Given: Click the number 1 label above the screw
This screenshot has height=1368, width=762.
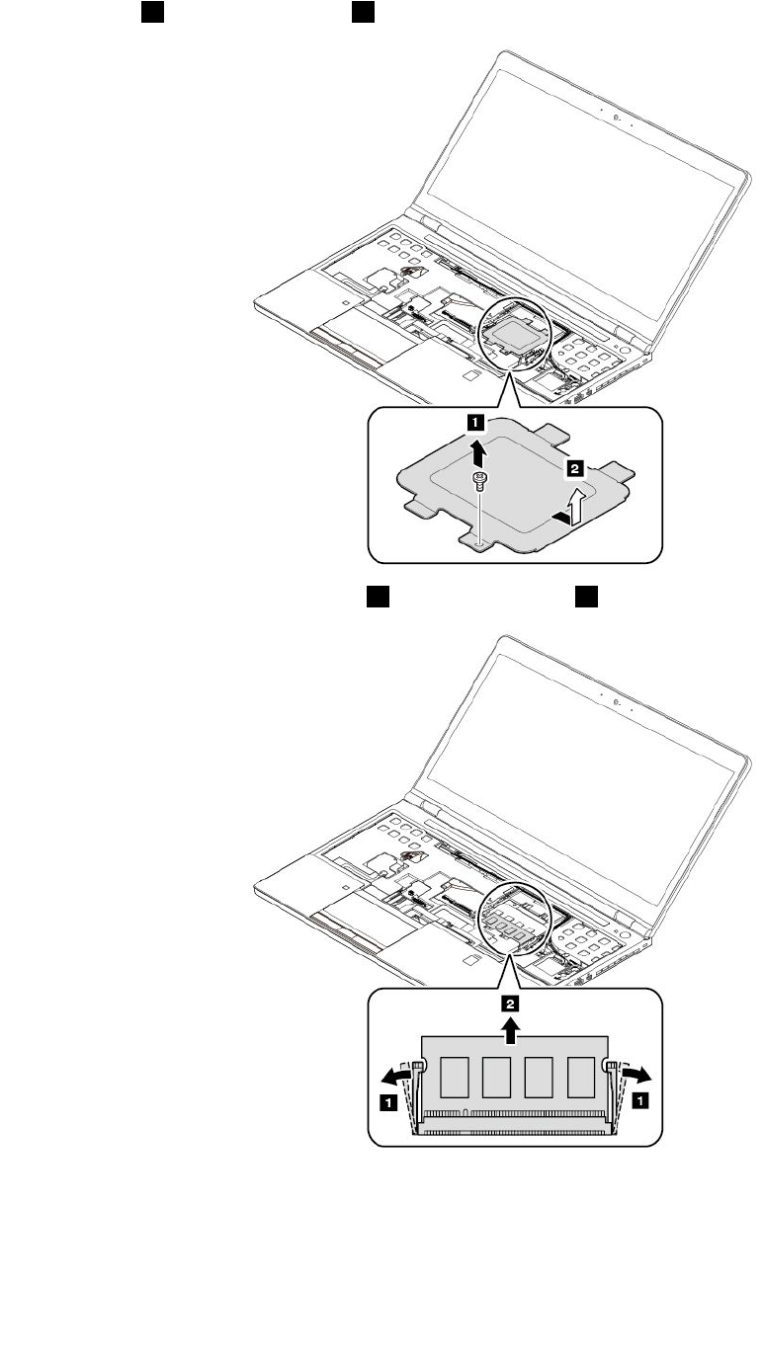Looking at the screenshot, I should pos(476,423).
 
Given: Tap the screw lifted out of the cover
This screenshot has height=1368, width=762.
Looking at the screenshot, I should pos(480,482).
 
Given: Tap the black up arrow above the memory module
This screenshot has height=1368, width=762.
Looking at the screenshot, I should pos(511,1031).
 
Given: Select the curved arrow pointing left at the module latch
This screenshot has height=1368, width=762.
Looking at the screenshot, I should pos(398,1075).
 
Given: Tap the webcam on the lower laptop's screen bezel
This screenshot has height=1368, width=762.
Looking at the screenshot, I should pos(617,703).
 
